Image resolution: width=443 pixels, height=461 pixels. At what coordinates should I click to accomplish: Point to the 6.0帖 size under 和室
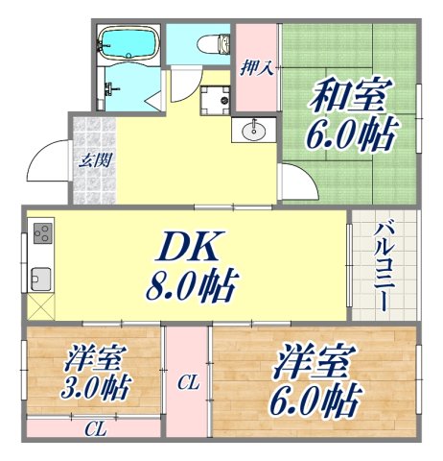[350, 133]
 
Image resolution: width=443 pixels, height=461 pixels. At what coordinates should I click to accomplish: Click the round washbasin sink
[253, 131]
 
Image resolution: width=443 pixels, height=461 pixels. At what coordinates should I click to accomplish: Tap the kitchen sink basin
[40, 279]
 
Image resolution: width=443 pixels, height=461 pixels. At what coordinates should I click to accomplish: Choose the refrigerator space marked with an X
[41, 309]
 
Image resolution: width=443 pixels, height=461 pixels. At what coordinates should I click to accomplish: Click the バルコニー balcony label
[382, 265]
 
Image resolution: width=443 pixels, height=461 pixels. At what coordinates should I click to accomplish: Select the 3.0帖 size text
[96, 392]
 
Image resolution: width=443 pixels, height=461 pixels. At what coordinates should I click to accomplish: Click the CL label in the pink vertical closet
[187, 383]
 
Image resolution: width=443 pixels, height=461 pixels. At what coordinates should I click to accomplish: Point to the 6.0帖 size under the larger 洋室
[316, 396]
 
